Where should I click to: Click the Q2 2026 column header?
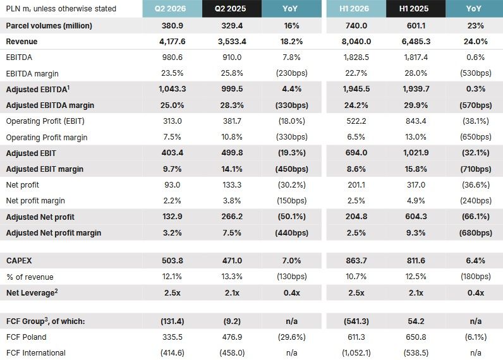170,9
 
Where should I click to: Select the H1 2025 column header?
414,9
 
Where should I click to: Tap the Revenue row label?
21,41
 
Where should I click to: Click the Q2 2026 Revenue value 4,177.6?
173,41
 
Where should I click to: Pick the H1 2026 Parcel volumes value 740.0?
356,26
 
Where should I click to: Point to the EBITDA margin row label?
32,73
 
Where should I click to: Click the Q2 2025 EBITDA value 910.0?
232,57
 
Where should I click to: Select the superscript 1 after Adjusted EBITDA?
68,87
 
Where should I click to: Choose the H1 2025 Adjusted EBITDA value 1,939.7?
416,89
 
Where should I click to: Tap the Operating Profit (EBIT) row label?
45,121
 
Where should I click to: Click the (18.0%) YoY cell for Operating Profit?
291,121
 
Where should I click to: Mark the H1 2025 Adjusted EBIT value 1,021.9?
416,153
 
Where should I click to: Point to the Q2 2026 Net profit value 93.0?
173,184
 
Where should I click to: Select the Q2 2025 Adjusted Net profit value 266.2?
232,217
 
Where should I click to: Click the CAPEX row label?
19,261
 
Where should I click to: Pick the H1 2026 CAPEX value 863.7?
356,261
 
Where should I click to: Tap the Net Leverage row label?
32,292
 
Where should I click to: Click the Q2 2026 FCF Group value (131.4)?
173,321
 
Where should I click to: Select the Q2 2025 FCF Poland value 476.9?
232,337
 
